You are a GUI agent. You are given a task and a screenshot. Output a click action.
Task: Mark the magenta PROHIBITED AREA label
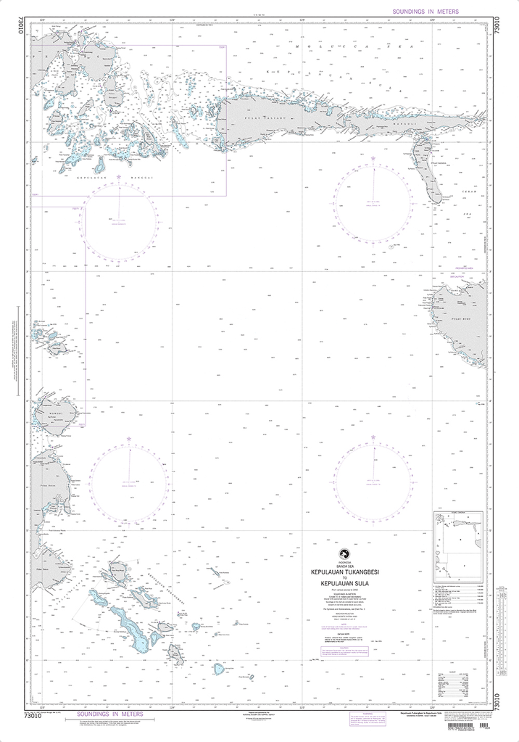(x=460, y=268)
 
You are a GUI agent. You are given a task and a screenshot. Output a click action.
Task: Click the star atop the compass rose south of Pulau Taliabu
(x=373, y=158)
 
